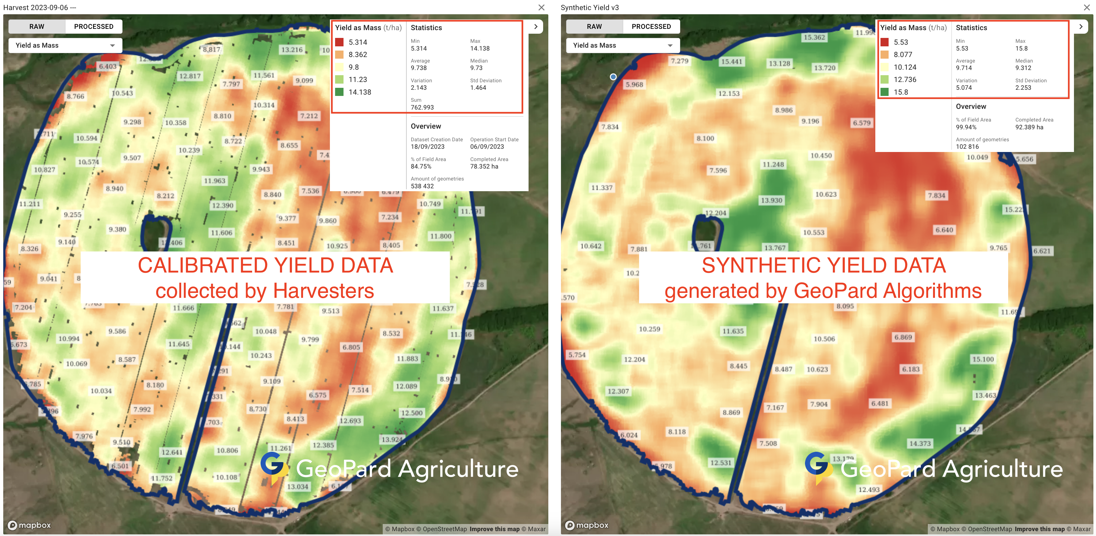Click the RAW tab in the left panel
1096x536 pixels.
tap(37, 26)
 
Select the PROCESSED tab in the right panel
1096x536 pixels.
tap(651, 26)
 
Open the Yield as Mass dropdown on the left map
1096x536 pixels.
tap(65, 45)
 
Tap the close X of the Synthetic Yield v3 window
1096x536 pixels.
tap(1086, 7)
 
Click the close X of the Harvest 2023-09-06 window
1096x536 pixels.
tap(541, 7)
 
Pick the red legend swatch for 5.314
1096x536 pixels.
tap(339, 42)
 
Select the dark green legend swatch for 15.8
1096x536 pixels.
tap(884, 92)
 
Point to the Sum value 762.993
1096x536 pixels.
tap(422, 108)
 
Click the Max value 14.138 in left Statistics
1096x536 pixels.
tap(480, 49)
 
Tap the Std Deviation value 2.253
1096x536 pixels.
tap(1023, 87)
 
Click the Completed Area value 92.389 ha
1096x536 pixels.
tap(1029, 127)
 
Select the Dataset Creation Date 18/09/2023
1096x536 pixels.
tap(427, 147)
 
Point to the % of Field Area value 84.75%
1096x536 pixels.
tap(421, 166)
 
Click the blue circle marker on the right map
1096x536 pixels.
tap(613, 77)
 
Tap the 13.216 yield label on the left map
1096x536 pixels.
tap(292, 50)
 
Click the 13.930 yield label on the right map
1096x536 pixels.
tap(771, 200)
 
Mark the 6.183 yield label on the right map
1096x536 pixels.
tap(911, 369)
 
